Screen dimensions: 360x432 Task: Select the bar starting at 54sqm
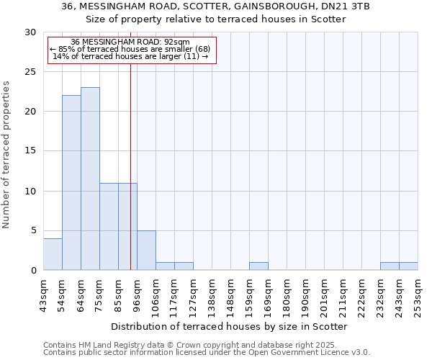(x=71, y=183)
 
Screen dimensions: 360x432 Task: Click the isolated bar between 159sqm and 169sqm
(x=258, y=266)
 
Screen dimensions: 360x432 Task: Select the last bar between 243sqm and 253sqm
(x=408, y=266)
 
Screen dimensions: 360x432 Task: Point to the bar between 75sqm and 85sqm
(x=109, y=227)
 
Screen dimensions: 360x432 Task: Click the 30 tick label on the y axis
(x=30, y=32)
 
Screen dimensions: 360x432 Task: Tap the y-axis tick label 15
(x=30, y=151)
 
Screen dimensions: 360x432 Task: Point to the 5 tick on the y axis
(x=33, y=230)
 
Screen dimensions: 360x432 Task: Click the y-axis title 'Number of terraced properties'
(x=6, y=155)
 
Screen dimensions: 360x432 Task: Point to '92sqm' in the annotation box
(x=176, y=42)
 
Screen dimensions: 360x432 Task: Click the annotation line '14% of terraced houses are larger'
(x=130, y=56)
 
